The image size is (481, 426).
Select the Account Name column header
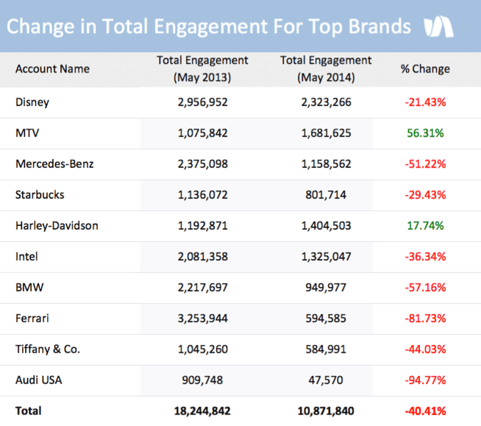pyautogui.click(x=52, y=68)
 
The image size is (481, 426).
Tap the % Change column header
pyautogui.click(x=425, y=68)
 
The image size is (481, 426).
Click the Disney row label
pyautogui.click(x=32, y=102)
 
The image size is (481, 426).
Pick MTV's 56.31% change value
pyautogui.click(x=425, y=133)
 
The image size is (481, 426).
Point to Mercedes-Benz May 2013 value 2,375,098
pyautogui.click(x=202, y=164)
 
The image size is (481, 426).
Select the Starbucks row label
pyautogui.click(x=40, y=195)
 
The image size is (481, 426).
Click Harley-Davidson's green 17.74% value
pyautogui.click(x=425, y=226)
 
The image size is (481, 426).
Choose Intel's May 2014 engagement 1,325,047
pyautogui.click(x=326, y=257)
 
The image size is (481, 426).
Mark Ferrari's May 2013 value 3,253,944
pyautogui.click(x=202, y=319)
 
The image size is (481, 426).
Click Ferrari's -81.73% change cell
pyautogui.click(x=425, y=319)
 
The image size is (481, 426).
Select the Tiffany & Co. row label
pyautogui.click(x=48, y=349)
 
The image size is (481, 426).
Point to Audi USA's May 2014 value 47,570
pyautogui.click(x=326, y=380)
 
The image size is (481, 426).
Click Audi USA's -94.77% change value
pyautogui.click(x=425, y=380)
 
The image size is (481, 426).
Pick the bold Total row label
pyautogui.click(x=29, y=411)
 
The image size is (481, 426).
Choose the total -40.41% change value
pyautogui.click(x=425, y=411)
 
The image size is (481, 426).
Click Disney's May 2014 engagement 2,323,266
pyautogui.click(x=326, y=102)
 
